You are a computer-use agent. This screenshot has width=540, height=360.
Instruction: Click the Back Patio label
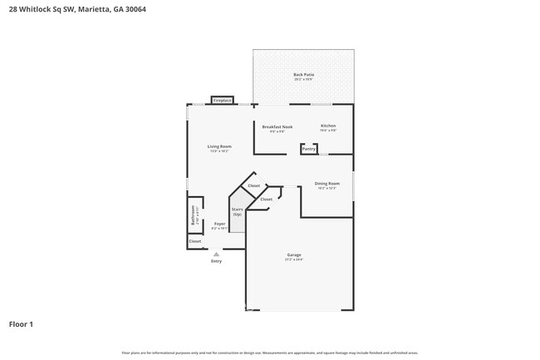tap(303, 75)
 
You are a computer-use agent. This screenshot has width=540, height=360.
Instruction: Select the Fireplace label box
tap(222, 100)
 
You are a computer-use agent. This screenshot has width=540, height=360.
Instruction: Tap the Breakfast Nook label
tap(277, 126)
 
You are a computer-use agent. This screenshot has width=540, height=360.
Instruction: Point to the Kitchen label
tap(328, 126)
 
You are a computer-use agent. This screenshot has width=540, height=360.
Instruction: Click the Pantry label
tap(308, 149)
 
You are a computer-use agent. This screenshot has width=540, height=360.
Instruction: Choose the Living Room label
tap(218, 146)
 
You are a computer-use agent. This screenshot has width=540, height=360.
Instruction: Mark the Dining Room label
tap(326, 183)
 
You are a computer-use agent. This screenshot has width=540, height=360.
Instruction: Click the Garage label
tap(294, 254)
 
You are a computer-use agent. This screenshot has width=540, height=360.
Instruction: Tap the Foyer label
tap(219, 224)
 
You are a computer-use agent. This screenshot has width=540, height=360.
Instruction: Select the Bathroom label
tap(194, 215)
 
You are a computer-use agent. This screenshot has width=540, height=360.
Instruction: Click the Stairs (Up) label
tap(237, 211)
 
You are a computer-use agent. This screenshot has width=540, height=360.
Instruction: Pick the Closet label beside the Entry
tap(194, 241)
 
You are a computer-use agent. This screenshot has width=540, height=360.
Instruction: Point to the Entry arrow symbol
tap(216, 254)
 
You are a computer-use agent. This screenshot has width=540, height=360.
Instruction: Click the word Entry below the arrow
tap(216, 261)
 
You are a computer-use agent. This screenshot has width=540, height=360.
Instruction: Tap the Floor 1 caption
tap(21, 323)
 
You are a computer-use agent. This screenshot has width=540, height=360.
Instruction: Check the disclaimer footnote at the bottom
tap(270, 353)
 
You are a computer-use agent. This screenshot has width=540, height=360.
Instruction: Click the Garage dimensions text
tap(294, 259)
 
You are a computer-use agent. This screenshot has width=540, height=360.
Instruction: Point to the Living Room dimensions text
tap(218, 151)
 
